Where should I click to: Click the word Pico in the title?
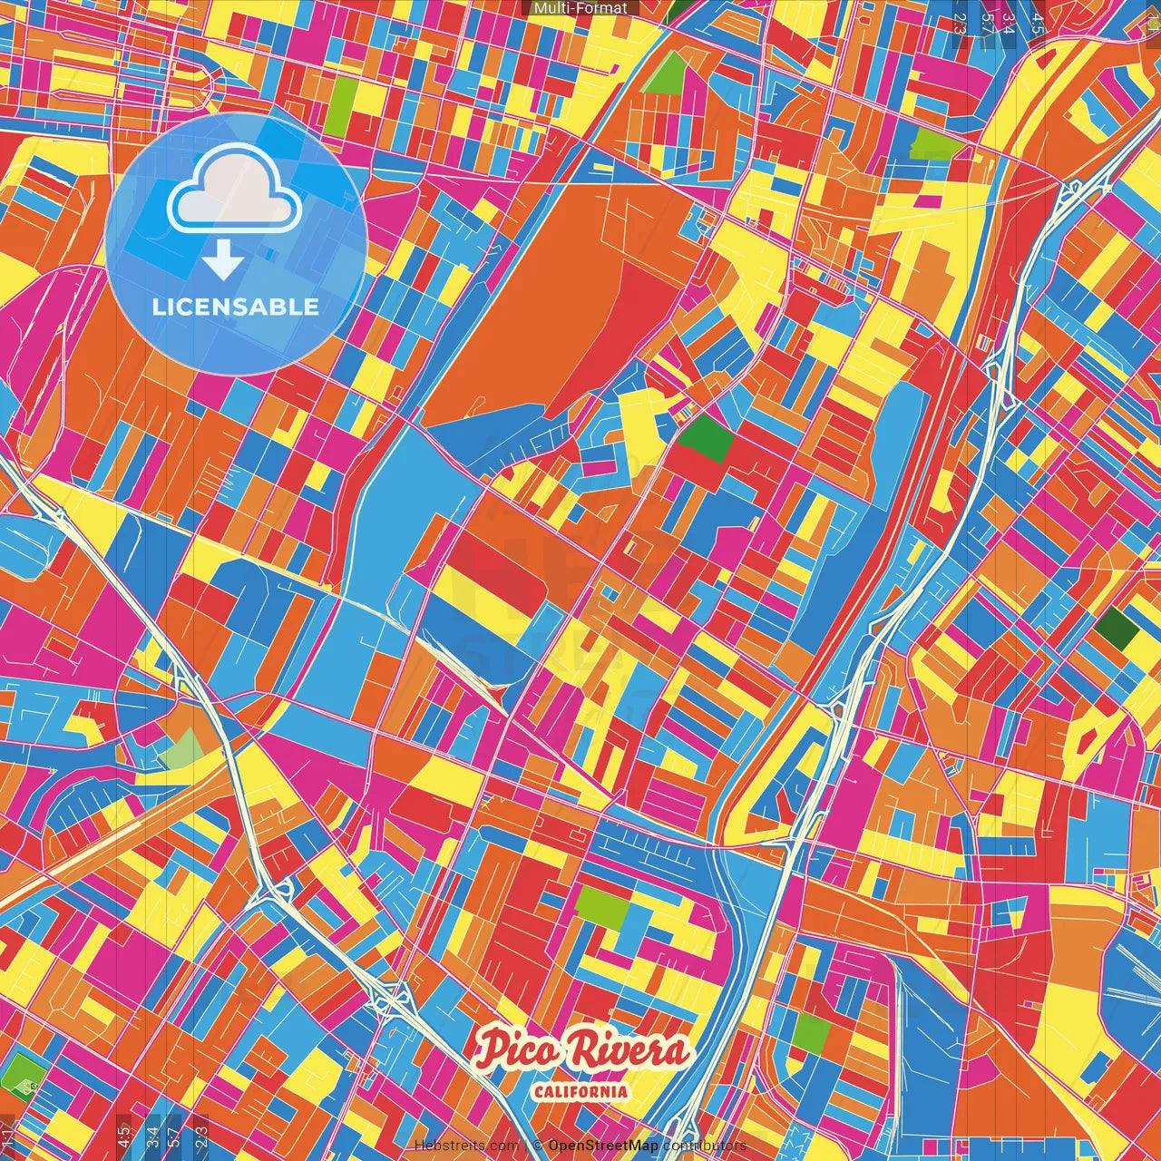(514, 1050)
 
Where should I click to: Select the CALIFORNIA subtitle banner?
(580, 1091)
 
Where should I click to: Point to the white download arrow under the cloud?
(223, 261)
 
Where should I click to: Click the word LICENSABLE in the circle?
(236, 307)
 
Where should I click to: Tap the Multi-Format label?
(580, 8)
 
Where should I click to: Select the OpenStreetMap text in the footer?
(602, 1146)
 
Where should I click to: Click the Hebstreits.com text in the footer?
(466, 1146)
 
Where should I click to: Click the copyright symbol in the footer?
(538, 1146)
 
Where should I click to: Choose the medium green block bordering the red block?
(706, 439)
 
